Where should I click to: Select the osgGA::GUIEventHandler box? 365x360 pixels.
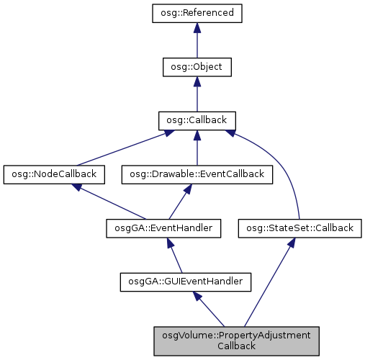pyautogui.click(x=186, y=282)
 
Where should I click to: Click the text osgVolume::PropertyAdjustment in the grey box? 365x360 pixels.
pyautogui.click(x=236, y=336)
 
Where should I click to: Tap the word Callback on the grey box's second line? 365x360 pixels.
pyautogui.click(x=236, y=346)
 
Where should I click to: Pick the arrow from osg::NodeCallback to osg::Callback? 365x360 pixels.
pyautogui.click(x=119, y=147)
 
